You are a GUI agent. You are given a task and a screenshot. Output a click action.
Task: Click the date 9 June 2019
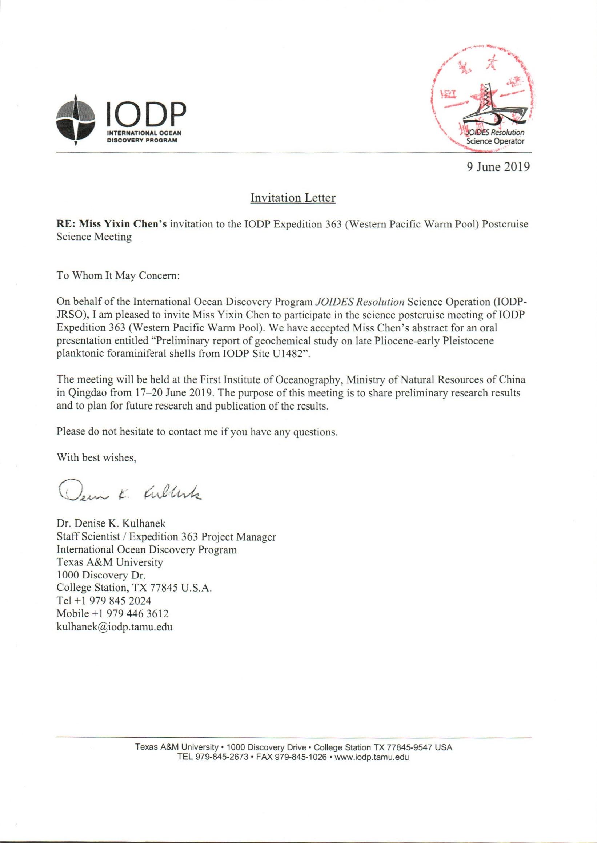498,167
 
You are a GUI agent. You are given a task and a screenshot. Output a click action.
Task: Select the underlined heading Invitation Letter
293,198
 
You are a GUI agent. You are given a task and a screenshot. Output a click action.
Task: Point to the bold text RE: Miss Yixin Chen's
111,225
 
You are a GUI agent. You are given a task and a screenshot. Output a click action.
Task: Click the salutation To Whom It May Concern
118,275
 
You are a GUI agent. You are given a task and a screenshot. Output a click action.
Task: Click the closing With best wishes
96,458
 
